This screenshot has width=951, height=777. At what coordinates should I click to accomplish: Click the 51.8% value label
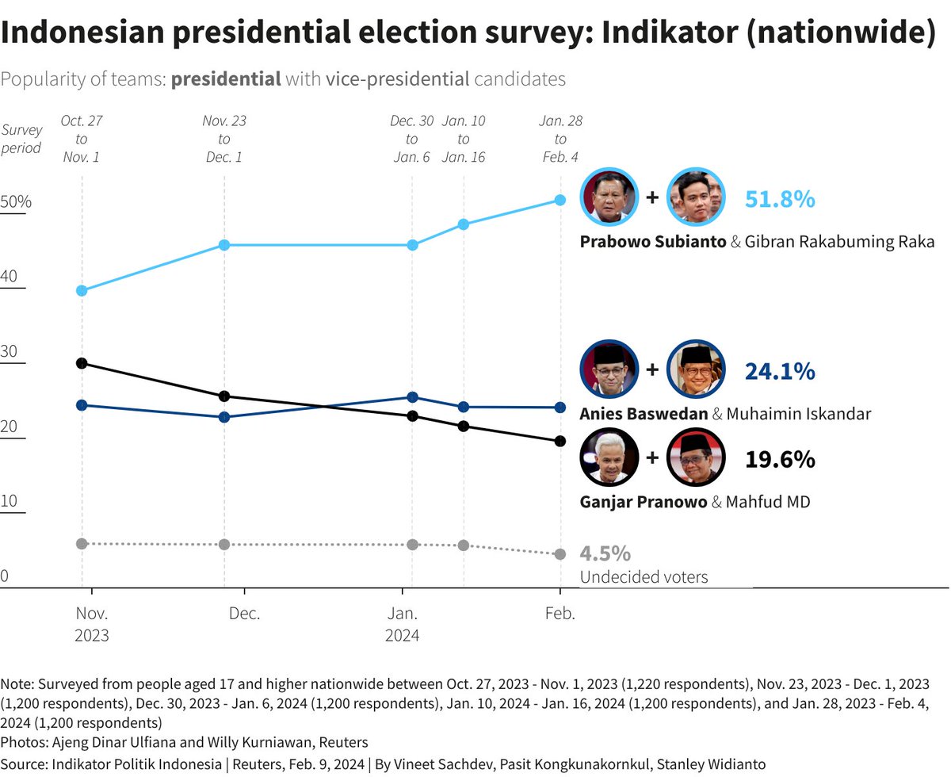tap(780, 199)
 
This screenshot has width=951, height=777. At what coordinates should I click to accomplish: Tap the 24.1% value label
tap(780, 371)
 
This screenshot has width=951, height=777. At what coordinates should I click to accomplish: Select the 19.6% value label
tap(780, 459)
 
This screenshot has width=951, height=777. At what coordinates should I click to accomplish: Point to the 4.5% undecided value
tap(605, 553)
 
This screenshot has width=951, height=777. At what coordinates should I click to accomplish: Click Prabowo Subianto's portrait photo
tap(610, 197)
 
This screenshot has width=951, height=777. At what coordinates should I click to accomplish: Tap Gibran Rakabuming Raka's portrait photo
tap(696, 197)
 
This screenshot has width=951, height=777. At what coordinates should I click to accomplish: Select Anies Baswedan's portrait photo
tap(610, 369)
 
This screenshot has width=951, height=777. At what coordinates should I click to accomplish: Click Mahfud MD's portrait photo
tap(696, 457)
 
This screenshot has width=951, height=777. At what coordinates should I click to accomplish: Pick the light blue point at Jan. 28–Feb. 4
tap(560, 200)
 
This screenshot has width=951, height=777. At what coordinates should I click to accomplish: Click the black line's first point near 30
tap(82, 363)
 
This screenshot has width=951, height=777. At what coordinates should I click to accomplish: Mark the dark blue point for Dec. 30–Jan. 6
tap(412, 397)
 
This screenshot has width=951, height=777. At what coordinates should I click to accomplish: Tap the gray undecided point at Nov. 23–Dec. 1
tap(224, 544)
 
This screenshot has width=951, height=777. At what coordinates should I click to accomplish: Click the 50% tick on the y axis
tap(16, 202)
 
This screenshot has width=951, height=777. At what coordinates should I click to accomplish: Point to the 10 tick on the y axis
tap(10, 502)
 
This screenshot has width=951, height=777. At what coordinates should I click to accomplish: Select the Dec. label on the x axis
tap(244, 614)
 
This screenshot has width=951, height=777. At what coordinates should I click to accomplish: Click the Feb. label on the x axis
tap(560, 614)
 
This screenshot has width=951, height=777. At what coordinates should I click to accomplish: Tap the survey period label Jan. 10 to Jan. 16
tap(464, 139)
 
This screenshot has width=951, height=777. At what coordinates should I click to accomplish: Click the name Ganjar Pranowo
tap(643, 502)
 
